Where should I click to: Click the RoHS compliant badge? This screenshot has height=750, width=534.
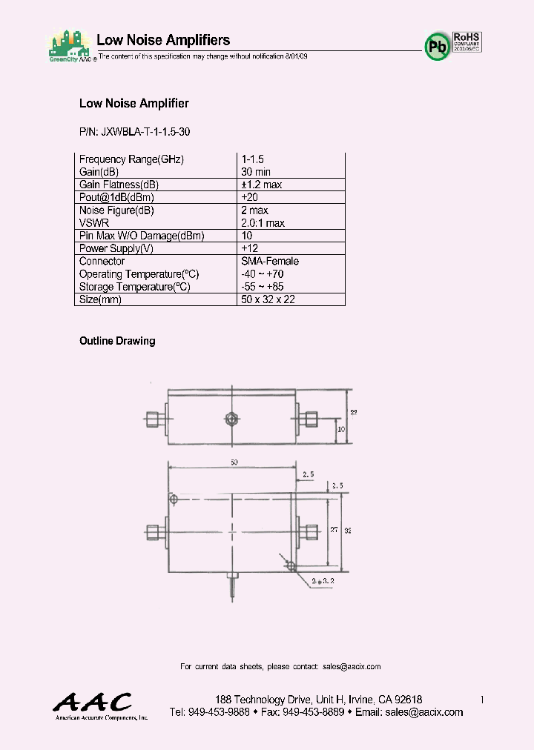pyautogui.click(x=467, y=40)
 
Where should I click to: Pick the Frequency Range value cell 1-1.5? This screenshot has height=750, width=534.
pyautogui.click(x=252, y=159)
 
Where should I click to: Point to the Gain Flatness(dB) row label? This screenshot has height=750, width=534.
pyautogui.click(x=119, y=185)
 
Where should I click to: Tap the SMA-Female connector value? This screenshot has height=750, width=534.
pyautogui.click(x=270, y=261)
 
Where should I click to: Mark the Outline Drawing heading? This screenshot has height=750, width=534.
pyautogui.click(x=117, y=341)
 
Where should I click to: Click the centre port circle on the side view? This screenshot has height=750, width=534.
pyautogui.click(x=231, y=420)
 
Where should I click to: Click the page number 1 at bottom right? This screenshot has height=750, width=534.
pyautogui.click(x=482, y=700)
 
